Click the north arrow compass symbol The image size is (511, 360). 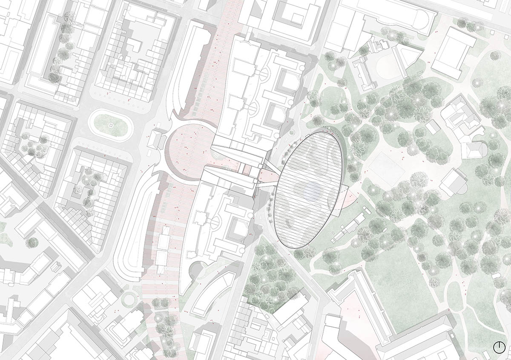[x=500, y=347]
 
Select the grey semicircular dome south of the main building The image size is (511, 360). [x=196, y=270]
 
